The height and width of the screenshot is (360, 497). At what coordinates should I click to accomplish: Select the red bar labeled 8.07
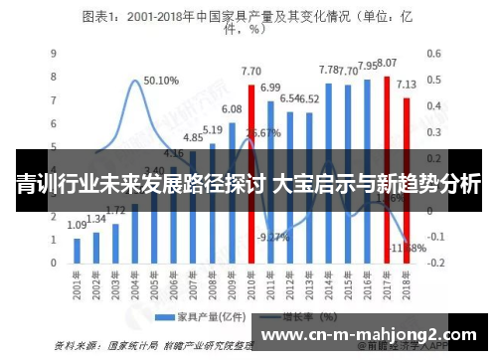click(387, 169)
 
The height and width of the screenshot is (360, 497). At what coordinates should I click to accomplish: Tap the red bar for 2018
click(406, 179)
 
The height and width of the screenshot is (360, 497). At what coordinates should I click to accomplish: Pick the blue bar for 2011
click(270, 179)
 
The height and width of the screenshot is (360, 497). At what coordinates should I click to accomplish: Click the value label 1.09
click(77, 226)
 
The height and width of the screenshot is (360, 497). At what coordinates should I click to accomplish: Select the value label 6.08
click(232, 108)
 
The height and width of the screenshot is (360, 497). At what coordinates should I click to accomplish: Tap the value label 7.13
click(406, 85)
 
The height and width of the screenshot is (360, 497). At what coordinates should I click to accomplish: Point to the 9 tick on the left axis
click(53, 54)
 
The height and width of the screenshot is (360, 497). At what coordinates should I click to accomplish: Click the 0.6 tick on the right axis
click(434, 54)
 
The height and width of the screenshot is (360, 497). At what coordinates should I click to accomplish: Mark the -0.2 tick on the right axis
click(436, 265)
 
